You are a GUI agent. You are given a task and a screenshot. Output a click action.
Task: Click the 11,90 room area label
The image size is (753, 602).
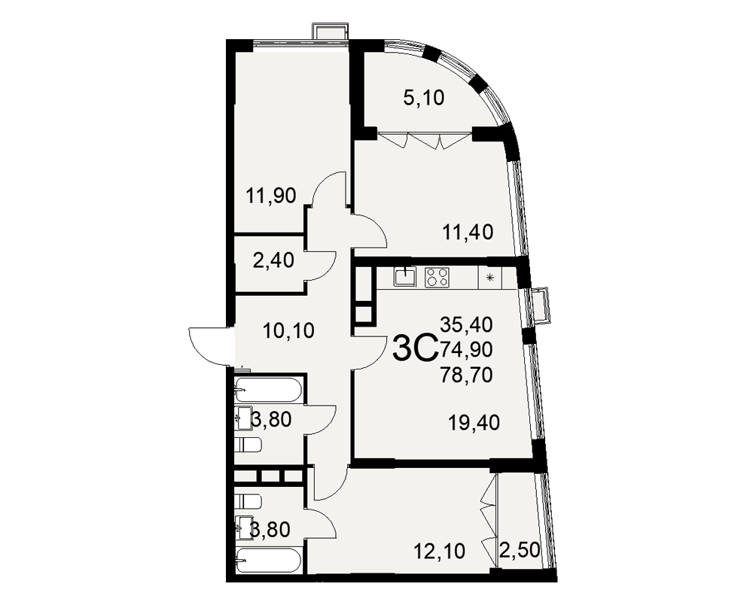pos(271,196)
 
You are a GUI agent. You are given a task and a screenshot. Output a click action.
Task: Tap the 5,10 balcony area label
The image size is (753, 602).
pos(423,98)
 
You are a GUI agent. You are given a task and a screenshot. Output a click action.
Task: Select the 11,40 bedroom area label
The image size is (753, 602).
pos(468,233)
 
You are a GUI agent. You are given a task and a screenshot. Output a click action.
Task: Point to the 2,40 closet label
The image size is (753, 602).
pos(273,261)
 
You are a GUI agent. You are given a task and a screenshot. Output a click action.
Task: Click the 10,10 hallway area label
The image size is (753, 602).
pos(288,330)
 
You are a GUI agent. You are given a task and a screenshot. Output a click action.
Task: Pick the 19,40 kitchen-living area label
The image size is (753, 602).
pos(474,422)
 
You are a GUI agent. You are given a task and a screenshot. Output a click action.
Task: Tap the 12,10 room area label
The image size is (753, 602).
pos(440,551)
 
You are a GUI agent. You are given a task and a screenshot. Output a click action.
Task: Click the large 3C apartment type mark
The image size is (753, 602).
pos(414,349)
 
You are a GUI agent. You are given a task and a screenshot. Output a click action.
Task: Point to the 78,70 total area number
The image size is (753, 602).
pos(467,375)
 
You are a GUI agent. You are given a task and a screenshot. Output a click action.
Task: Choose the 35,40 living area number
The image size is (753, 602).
pos(467,326)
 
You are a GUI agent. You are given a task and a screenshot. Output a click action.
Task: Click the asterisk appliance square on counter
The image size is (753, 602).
pos(490,278)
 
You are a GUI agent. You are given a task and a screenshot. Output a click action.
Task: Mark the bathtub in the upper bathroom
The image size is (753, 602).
pos(269,390)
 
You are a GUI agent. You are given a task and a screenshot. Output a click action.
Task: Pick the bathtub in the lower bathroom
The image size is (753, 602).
pos(269,560)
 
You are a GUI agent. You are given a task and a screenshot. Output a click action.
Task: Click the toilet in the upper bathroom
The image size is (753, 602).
pos(248,445)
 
